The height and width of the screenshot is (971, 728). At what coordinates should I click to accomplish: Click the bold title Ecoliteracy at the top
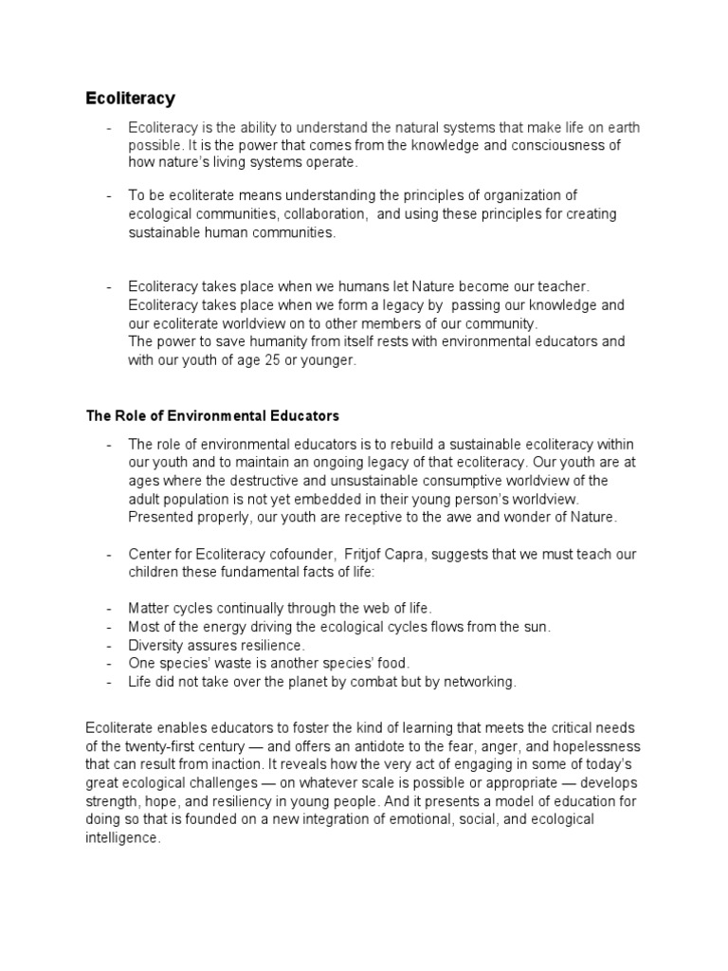point(131,98)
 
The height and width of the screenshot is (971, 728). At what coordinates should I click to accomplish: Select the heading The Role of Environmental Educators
point(212,415)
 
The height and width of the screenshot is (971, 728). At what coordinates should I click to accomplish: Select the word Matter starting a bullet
point(149,608)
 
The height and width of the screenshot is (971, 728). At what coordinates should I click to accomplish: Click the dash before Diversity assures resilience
point(110,645)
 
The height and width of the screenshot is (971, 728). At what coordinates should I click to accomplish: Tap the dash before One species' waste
point(110,664)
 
